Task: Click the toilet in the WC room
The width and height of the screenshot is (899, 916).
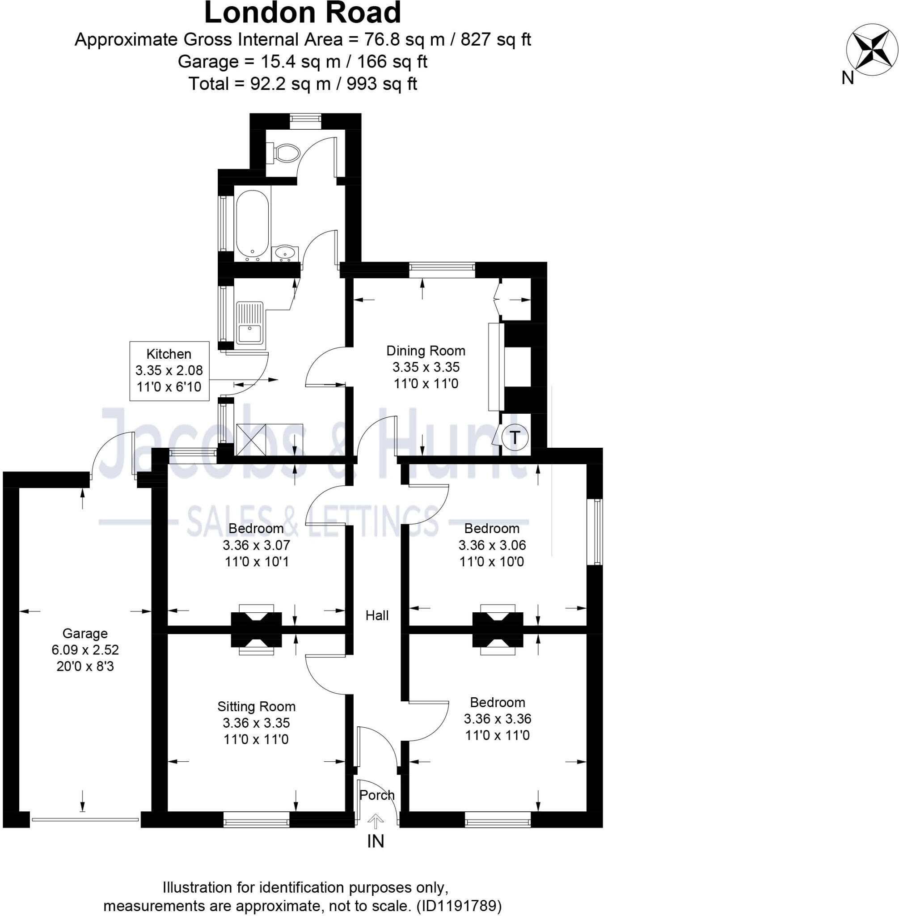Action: (x=286, y=153)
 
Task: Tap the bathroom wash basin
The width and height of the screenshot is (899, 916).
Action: (x=285, y=253)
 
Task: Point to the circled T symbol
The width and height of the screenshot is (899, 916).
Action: (x=514, y=437)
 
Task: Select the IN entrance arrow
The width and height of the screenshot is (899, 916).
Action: (x=376, y=822)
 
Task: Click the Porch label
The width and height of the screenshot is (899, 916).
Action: (x=376, y=795)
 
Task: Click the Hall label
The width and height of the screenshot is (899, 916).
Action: (x=377, y=615)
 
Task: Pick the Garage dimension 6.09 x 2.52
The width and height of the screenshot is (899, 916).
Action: (x=85, y=649)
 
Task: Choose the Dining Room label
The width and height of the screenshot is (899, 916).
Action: (x=426, y=351)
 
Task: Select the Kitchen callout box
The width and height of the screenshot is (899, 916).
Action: (x=169, y=371)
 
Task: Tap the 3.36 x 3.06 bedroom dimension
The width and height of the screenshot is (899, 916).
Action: (x=492, y=545)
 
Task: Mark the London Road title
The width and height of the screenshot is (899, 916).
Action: (x=302, y=13)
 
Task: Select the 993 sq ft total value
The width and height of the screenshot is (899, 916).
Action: (x=381, y=84)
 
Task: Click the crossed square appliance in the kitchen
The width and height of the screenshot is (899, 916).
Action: (x=250, y=439)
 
